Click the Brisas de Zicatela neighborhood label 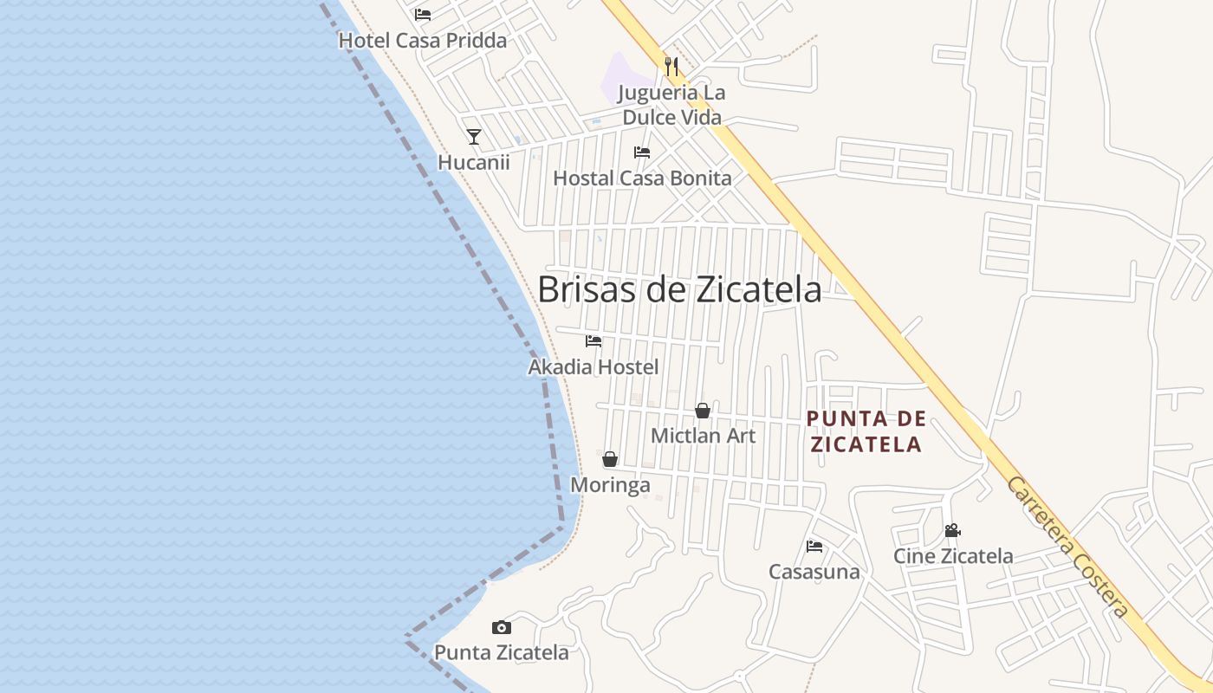[x=679, y=289]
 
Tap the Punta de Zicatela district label [x=866, y=431]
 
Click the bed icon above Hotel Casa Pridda [x=423, y=14]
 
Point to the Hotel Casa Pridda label [x=422, y=41]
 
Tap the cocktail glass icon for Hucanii [x=473, y=137]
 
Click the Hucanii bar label [x=473, y=163]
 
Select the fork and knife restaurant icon [x=671, y=65]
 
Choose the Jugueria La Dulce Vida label [x=672, y=105]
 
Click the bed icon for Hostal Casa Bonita [x=642, y=152]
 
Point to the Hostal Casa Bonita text [x=642, y=178]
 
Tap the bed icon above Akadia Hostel [x=594, y=341]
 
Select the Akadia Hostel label [x=594, y=367]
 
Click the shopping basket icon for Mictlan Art [x=703, y=411]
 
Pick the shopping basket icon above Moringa [x=610, y=459]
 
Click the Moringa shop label [x=610, y=485]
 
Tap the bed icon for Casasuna [x=814, y=546]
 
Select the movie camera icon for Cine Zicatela [x=952, y=530]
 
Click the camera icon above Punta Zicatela [x=501, y=627]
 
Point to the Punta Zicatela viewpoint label [x=501, y=652]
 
